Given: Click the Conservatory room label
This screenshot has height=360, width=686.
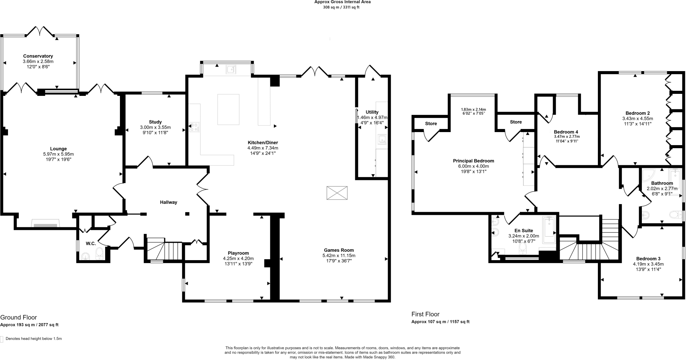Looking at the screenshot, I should [x=38, y=56].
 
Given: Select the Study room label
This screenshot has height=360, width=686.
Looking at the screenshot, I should [x=155, y=122].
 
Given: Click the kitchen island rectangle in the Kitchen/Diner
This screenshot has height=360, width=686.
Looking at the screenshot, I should [x=228, y=110].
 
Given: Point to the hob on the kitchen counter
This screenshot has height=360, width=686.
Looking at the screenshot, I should [x=194, y=127].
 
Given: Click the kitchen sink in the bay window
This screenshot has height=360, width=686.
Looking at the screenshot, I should [x=231, y=70].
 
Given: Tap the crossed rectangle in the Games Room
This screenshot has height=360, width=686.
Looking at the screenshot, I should [x=337, y=193].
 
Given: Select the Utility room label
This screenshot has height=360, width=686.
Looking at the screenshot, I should [x=372, y=112].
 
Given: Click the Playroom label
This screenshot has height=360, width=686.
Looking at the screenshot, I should [x=238, y=253].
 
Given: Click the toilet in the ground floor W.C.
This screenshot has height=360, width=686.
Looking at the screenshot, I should [x=99, y=254].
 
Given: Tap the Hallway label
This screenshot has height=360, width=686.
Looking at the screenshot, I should [x=168, y=202].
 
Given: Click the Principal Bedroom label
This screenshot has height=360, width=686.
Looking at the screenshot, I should [x=473, y=161].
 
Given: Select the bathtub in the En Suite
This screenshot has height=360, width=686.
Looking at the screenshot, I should [x=549, y=229].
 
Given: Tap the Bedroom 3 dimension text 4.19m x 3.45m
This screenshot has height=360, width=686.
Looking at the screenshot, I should [x=648, y=264].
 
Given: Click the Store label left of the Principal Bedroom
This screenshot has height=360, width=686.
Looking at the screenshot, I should [x=431, y=124].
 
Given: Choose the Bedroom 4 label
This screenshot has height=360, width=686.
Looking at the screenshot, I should [x=566, y=132].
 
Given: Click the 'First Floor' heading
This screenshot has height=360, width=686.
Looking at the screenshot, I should [x=425, y=314].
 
